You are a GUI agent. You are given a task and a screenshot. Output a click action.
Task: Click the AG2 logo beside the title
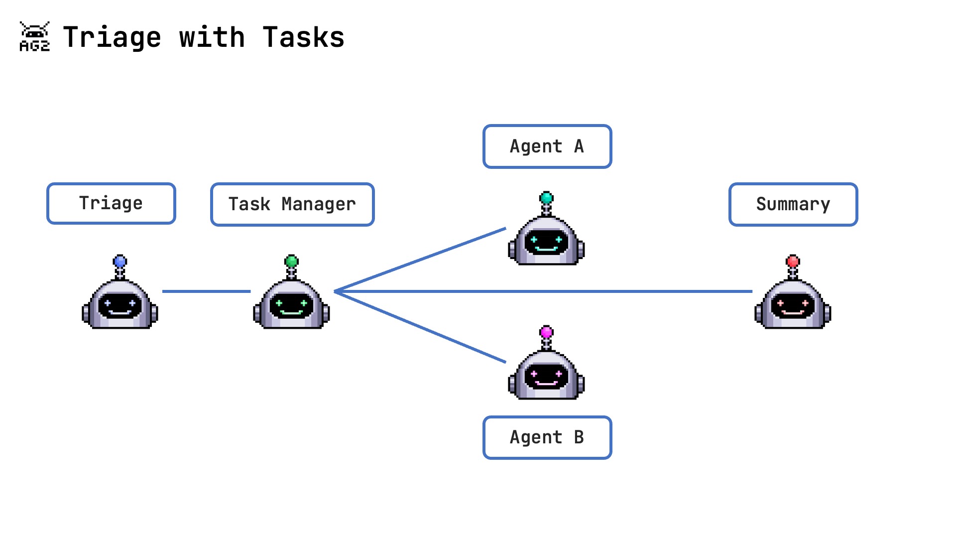tap(34, 37)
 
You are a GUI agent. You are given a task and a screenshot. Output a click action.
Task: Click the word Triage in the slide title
tap(112, 37)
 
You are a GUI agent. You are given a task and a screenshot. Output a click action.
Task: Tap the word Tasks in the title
tap(303, 37)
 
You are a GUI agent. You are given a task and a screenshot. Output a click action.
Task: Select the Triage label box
tap(111, 203)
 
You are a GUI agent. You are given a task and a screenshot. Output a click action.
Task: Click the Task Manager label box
tap(292, 204)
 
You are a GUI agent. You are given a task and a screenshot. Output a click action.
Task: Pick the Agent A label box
tap(547, 146)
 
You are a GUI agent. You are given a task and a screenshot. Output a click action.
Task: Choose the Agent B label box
tap(547, 437)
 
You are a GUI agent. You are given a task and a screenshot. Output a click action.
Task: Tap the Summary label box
tap(793, 204)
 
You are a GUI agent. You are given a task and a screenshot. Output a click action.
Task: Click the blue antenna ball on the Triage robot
tap(120, 261)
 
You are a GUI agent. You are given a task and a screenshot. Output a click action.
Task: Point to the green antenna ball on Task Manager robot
tap(291, 261)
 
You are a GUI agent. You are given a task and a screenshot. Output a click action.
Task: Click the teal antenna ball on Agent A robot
tap(546, 198)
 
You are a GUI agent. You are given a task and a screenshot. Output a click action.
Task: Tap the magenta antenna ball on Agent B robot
tap(546, 332)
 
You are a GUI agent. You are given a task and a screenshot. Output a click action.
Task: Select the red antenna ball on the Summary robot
tap(793, 261)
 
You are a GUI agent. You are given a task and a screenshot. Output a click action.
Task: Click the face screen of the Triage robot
tap(120, 305)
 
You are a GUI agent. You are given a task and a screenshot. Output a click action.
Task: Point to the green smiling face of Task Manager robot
tap(291, 305)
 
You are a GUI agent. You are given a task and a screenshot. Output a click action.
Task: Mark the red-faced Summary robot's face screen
tap(793, 305)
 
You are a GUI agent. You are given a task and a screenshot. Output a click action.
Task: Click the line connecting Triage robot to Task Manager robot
tap(206, 291)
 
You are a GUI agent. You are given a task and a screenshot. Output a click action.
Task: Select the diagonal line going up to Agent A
tap(421, 260)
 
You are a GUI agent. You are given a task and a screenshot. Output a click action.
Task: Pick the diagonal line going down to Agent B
tap(421, 327)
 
